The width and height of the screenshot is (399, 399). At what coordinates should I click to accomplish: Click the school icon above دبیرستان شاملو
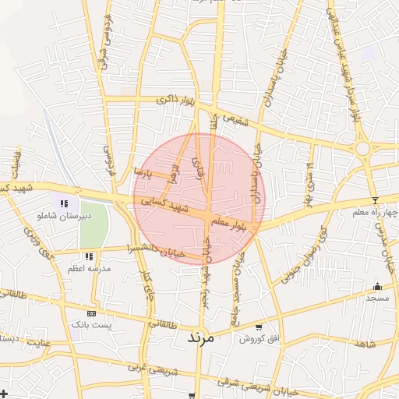pyautogui.click(x=64, y=204)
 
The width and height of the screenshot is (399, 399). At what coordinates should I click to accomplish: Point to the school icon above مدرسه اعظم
pyautogui.click(x=90, y=256)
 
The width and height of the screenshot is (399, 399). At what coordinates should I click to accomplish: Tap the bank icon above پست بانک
pyautogui.click(x=92, y=312)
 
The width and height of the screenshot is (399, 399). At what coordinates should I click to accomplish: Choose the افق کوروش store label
pyautogui.click(x=259, y=339)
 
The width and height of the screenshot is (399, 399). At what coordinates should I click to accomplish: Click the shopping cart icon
pyautogui.click(x=259, y=327)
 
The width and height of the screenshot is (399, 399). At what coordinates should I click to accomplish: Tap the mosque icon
pyautogui.click(x=378, y=287)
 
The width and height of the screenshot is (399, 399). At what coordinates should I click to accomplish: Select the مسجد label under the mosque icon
pyautogui.click(x=378, y=298)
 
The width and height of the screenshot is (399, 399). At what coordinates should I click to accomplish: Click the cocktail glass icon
pyautogui.click(x=374, y=200)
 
